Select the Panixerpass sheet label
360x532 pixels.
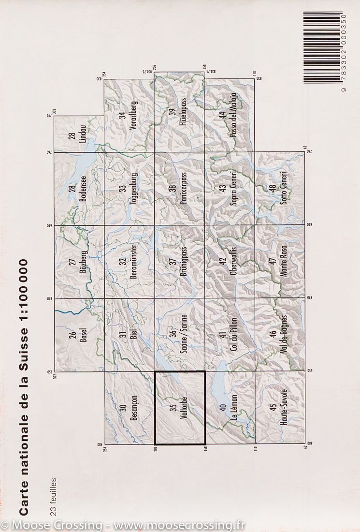183,189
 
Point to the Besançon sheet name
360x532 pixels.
134,409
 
